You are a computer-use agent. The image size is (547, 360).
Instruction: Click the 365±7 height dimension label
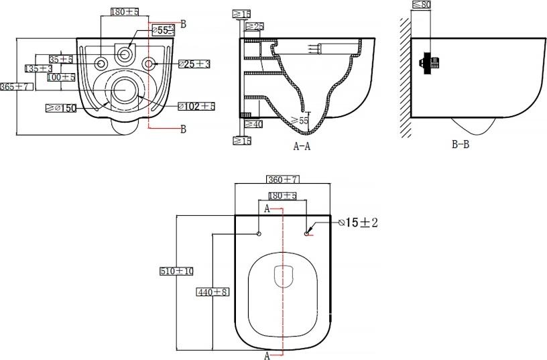15,86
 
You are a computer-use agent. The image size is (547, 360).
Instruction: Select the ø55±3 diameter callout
164,30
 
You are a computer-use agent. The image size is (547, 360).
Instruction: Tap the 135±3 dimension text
39,68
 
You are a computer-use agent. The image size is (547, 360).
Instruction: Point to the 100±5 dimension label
61,78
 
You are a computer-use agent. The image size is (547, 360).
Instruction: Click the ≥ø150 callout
61,108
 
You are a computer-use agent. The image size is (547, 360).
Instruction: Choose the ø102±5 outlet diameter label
196,106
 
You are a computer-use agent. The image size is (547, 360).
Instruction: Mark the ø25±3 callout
194,64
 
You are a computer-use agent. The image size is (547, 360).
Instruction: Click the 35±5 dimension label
61,59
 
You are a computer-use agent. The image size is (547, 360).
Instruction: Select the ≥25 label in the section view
254,26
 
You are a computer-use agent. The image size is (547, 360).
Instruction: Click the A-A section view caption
302,146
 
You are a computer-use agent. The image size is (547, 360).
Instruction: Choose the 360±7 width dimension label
282,180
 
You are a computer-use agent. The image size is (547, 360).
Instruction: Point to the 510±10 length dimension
176,271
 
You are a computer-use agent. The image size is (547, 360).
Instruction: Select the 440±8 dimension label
212,292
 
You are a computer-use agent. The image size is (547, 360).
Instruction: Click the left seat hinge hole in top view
259,234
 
